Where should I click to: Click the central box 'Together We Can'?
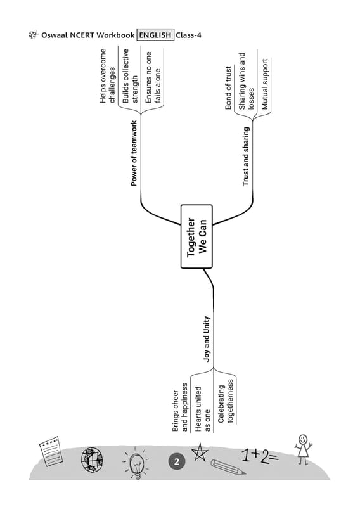click(x=196, y=236)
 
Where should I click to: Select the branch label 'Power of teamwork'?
click(x=134, y=153)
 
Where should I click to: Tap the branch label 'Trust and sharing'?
click(x=246, y=156)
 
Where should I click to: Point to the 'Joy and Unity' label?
click(x=207, y=339)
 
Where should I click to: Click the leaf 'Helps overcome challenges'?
click(x=108, y=76)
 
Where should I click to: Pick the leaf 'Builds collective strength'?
click(x=130, y=76)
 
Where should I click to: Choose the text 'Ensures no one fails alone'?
click(x=153, y=77)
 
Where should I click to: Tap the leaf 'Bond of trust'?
click(x=228, y=87)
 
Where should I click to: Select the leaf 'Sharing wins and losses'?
click(x=246, y=81)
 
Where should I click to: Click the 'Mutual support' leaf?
click(x=265, y=84)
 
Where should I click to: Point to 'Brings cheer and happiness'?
click(x=180, y=408)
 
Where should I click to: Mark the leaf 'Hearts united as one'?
click(x=203, y=409)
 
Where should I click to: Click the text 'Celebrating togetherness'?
click(x=226, y=401)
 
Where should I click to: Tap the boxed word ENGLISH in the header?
click(x=155, y=35)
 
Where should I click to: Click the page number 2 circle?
click(x=177, y=461)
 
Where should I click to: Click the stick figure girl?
click(x=304, y=449)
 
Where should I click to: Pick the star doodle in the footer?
click(x=200, y=452)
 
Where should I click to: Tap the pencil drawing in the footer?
click(x=228, y=467)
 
